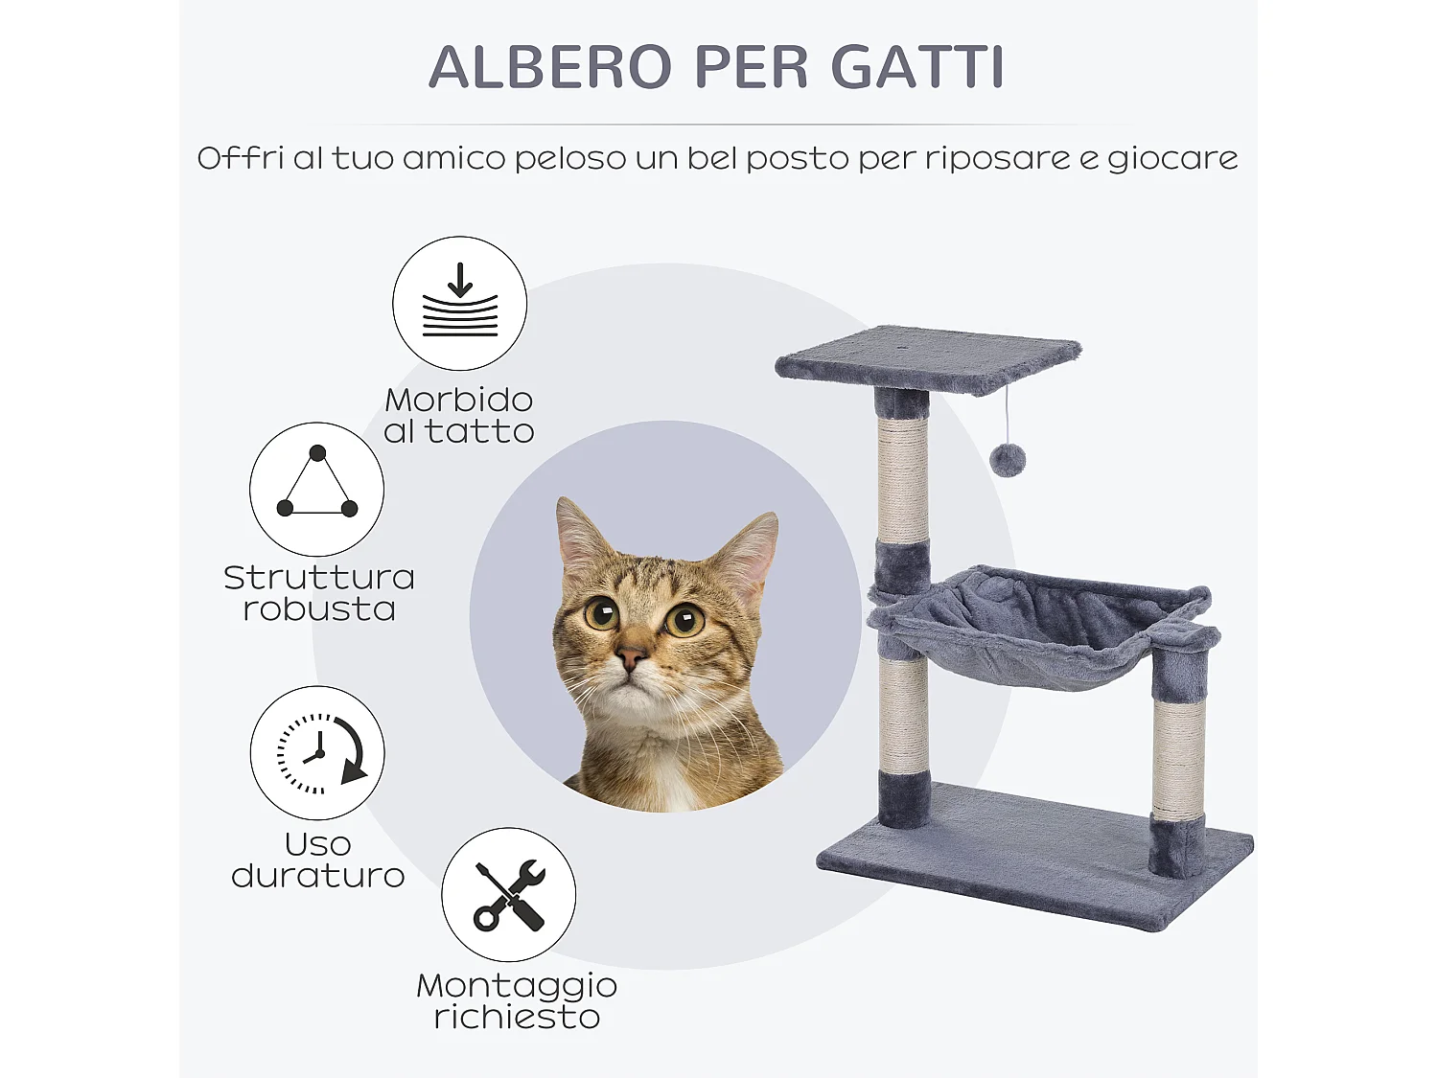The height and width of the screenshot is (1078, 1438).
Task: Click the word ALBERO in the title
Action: (x=550, y=67)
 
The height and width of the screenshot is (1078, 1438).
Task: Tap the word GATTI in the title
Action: (x=917, y=67)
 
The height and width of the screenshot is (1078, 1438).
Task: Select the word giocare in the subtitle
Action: (x=1171, y=158)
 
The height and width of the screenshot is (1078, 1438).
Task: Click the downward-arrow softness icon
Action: (x=460, y=303)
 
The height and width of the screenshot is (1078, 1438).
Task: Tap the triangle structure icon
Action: (x=317, y=489)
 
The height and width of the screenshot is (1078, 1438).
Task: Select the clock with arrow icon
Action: (x=318, y=753)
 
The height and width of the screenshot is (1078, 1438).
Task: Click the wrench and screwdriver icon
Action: (x=509, y=895)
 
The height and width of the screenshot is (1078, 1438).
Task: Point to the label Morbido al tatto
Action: (x=459, y=415)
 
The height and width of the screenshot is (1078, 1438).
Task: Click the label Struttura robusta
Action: (x=319, y=592)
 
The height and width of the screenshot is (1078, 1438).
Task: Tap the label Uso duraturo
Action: (x=318, y=860)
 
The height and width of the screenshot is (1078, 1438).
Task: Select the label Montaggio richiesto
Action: (x=517, y=1000)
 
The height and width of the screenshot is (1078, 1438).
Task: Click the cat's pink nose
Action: (x=630, y=657)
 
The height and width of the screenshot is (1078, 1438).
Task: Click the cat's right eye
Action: (x=684, y=621)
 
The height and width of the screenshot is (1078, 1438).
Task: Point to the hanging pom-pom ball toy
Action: (x=1008, y=460)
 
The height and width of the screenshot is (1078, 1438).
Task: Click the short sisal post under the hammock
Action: (x=1178, y=757)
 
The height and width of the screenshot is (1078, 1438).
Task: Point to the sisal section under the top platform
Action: (x=903, y=479)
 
